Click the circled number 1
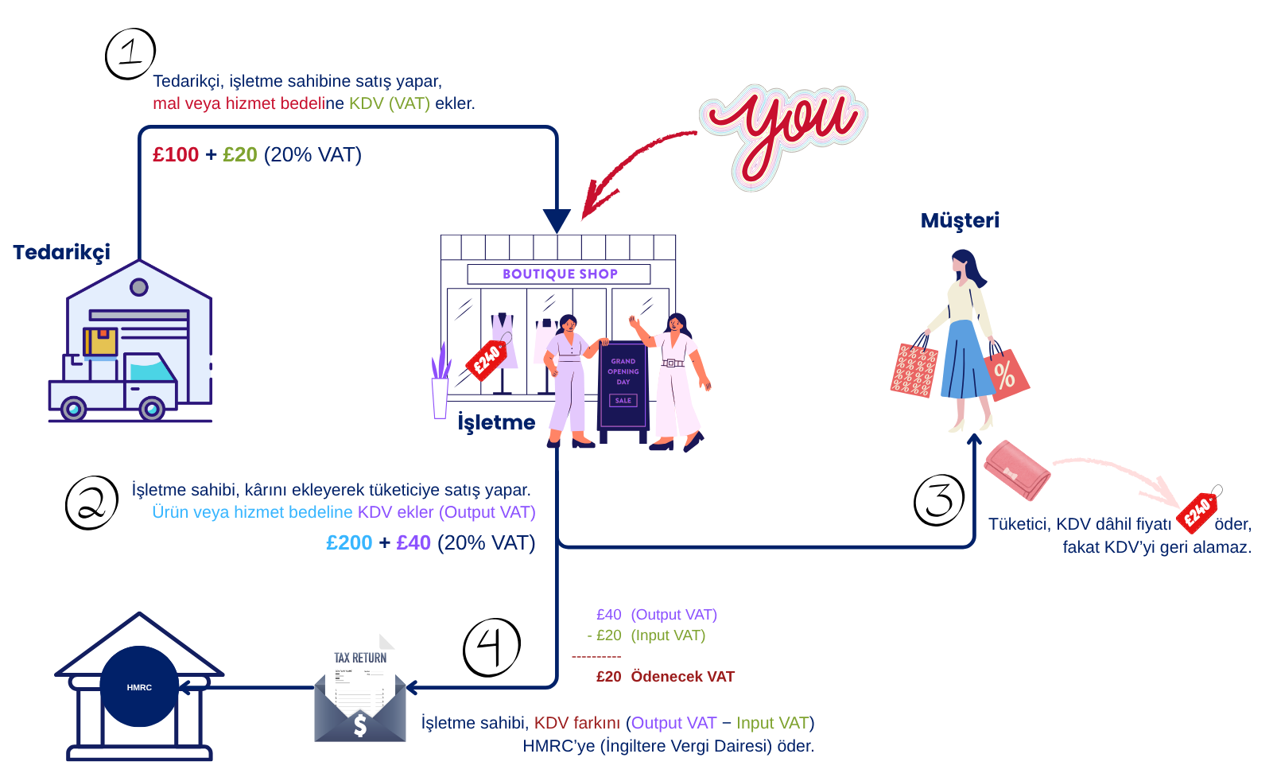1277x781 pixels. (x=134, y=56)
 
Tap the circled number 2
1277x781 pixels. (x=93, y=505)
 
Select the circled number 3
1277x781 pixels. (x=941, y=503)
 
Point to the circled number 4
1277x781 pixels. (x=494, y=649)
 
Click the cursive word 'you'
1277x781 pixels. (x=783, y=131)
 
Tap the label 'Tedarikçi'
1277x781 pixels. (x=62, y=252)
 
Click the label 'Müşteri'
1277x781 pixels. (x=960, y=220)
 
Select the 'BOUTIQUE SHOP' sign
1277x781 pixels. (x=559, y=274)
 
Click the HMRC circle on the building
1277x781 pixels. (x=139, y=687)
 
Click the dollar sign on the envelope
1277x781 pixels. (x=360, y=725)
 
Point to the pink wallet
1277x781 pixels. (x=1017, y=470)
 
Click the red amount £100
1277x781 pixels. (x=176, y=154)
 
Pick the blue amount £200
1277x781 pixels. (x=349, y=542)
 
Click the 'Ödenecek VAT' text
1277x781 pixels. (x=682, y=677)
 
